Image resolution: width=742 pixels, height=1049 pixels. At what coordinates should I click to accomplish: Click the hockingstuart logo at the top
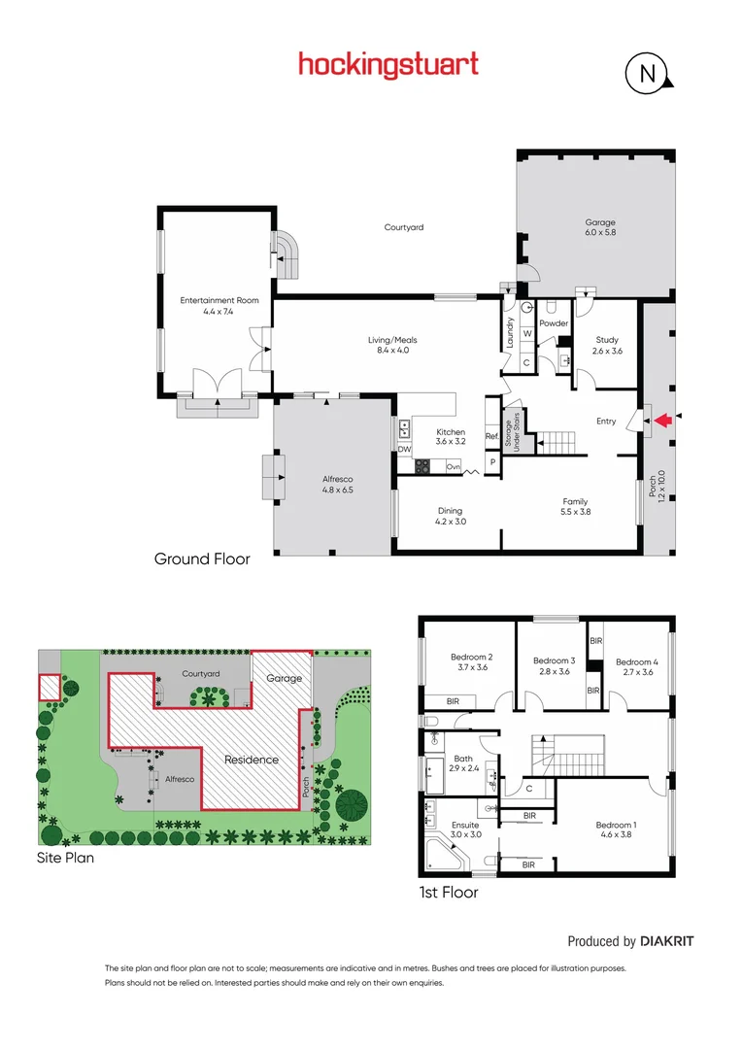388,64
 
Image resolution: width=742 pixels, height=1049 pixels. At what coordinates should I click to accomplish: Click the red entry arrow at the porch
662,421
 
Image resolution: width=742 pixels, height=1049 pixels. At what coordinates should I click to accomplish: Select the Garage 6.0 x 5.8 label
600,228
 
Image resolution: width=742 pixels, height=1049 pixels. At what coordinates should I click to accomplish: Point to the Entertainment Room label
219,306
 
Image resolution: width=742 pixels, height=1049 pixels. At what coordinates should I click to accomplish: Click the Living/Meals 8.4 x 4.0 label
391,345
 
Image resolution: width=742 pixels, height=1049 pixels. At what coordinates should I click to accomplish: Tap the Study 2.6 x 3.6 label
607,345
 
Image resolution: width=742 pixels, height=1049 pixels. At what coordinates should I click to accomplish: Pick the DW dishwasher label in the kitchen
403,450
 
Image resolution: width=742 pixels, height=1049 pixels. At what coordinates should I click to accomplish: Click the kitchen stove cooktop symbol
423,466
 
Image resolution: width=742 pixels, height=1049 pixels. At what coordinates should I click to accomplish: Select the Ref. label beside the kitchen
491,436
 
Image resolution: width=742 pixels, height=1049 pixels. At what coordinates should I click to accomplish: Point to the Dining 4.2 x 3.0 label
450,516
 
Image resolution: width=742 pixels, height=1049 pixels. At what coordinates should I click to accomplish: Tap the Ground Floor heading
202,558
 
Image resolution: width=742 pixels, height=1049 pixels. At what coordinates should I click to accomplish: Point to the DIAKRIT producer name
667,941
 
